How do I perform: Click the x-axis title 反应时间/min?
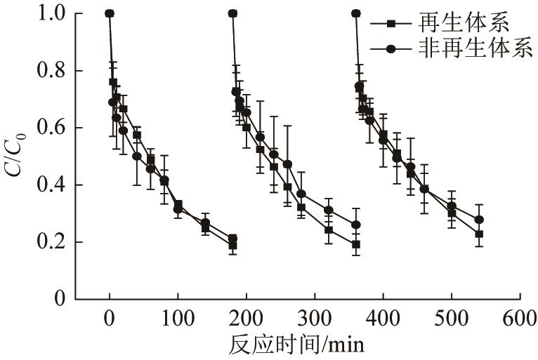(x=296, y=345)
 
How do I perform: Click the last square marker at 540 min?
(x=479, y=234)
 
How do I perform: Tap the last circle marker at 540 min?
(x=479, y=220)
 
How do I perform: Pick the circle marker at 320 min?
(x=328, y=210)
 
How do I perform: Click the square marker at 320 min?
(x=328, y=229)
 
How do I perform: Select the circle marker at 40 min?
(x=137, y=156)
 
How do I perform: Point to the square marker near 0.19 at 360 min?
(x=356, y=244)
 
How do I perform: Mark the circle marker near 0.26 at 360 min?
(x=356, y=225)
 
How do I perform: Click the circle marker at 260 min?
(x=287, y=164)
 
